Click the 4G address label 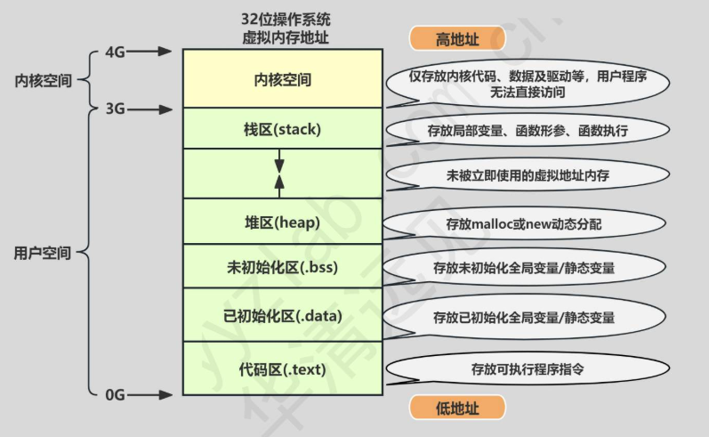pos(114,52)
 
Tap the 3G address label pos(114,109)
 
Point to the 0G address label pos(114,392)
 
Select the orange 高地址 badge pos(456,39)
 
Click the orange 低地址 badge pos(456,408)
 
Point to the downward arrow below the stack pos(279,162)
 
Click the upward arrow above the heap pos(279,183)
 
